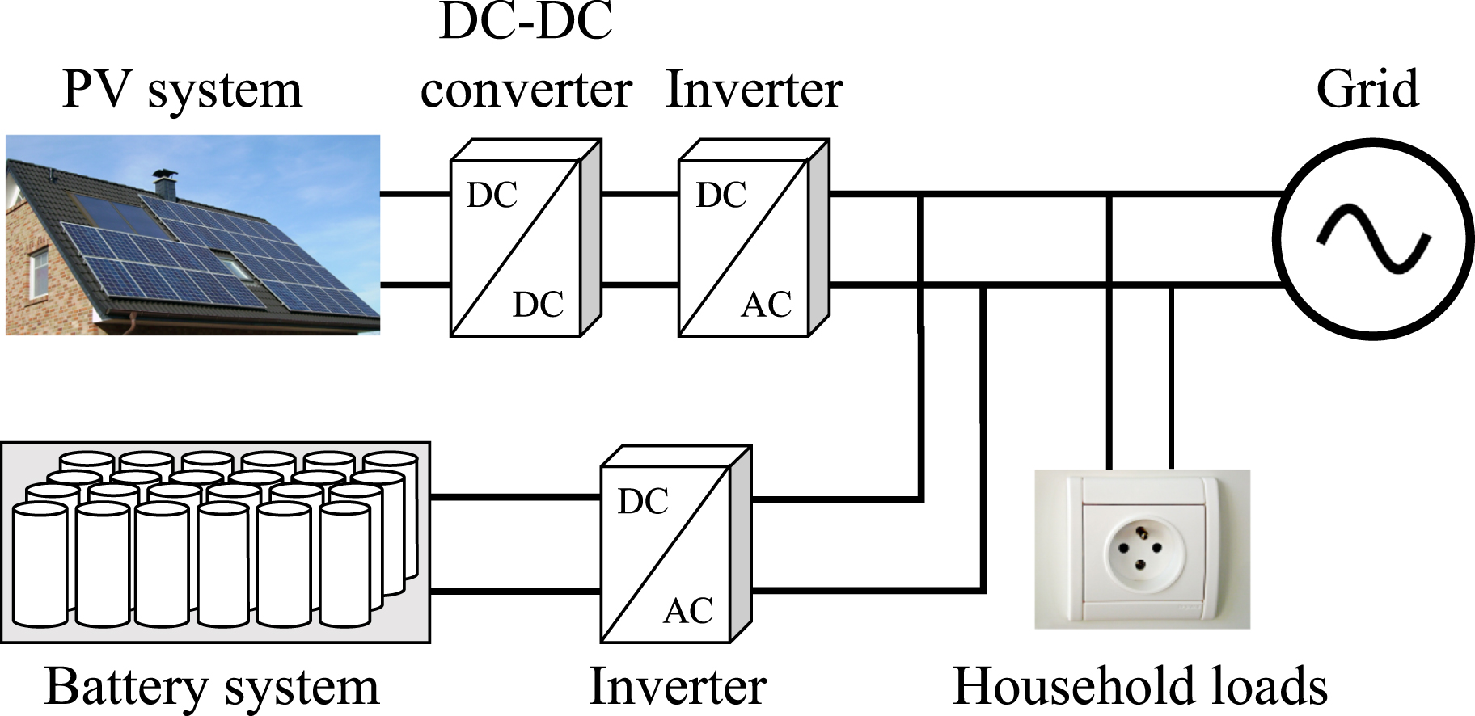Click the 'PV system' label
click(x=182, y=91)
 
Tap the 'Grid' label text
click(x=1367, y=89)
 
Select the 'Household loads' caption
click(x=1140, y=687)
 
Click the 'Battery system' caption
click(x=212, y=688)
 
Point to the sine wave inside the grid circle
click(x=1373, y=239)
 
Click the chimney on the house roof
click(x=164, y=183)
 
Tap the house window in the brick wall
click(x=39, y=272)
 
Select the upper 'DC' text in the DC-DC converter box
click(x=492, y=196)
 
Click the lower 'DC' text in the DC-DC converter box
click(x=538, y=305)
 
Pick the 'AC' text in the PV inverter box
click(x=766, y=305)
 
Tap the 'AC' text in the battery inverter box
click(x=688, y=611)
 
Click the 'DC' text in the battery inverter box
click(x=643, y=502)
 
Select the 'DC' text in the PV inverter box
click(x=721, y=196)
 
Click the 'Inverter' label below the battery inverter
click(x=678, y=687)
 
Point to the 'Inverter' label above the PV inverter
click(x=754, y=89)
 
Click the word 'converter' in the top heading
click(x=526, y=89)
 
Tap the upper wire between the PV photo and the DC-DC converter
click(x=415, y=194)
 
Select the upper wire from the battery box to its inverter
click(x=515, y=498)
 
